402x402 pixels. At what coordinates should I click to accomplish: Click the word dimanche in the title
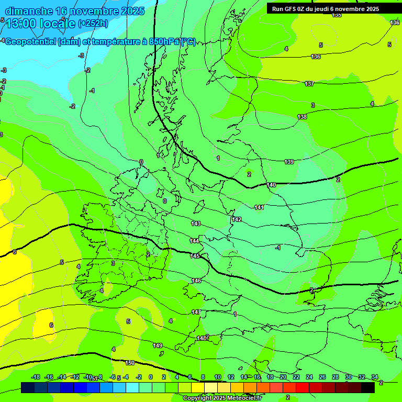28,10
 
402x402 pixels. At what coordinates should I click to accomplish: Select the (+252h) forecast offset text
93,23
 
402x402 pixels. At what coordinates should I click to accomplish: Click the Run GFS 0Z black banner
326,8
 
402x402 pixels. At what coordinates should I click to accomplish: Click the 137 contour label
309,84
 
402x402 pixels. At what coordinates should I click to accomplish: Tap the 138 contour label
302,117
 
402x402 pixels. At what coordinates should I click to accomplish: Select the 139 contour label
289,162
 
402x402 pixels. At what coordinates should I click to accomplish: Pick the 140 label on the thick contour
271,185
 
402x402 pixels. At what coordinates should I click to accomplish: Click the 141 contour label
259,207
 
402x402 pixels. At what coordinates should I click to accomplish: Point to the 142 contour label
237,219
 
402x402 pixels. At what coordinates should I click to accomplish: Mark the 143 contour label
196,224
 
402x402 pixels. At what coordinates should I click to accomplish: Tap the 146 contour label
196,281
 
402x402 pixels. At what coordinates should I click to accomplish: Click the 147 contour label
196,312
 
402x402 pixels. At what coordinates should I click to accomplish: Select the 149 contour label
158,345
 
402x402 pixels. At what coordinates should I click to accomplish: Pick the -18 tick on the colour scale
36,377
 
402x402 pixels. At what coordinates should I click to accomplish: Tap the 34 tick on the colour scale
375,377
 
